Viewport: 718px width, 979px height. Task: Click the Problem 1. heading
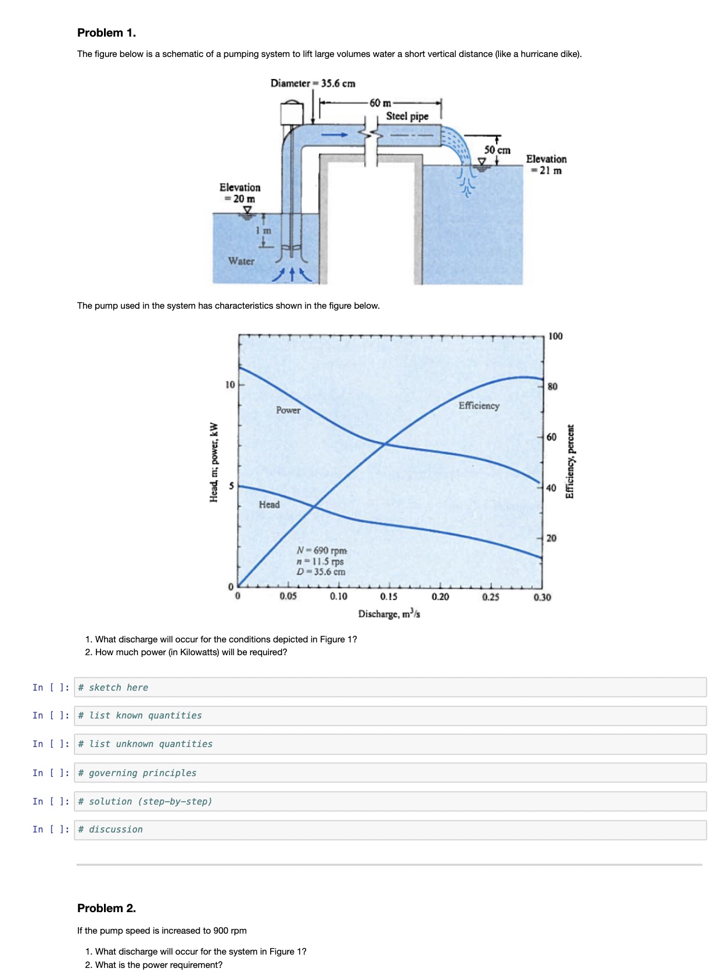click(x=106, y=33)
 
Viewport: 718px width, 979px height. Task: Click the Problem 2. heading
click(x=106, y=908)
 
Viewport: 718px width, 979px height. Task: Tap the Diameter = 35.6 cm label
click(x=313, y=83)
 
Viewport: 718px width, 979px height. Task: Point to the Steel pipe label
click(x=407, y=116)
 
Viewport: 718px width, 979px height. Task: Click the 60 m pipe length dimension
click(x=380, y=103)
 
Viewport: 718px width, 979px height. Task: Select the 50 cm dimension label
click(x=497, y=150)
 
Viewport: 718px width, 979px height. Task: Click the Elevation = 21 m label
click(x=546, y=165)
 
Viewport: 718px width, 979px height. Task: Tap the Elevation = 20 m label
click(x=240, y=193)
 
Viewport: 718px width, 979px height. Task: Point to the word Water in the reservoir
click(x=241, y=261)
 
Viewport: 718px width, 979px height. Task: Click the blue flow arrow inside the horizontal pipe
click(x=335, y=135)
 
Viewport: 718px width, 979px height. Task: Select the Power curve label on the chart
click(x=288, y=410)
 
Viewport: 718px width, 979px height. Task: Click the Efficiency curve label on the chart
click(x=479, y=406)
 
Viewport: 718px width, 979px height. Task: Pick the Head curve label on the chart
click(x=269, y=505)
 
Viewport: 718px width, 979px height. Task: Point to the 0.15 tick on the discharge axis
click(x=389, y=596)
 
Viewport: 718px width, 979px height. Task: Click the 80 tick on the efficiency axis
click(x=552, y=387)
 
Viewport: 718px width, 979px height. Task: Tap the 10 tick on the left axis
click(x=230, y=385)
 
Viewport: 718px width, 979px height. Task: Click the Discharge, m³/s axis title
click(x=389, y=613)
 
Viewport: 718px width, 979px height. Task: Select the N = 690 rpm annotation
click(x=322, y=551)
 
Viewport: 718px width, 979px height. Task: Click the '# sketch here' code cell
click(x=390, y=687)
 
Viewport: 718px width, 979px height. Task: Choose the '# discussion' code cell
click(x=390, y=830)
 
